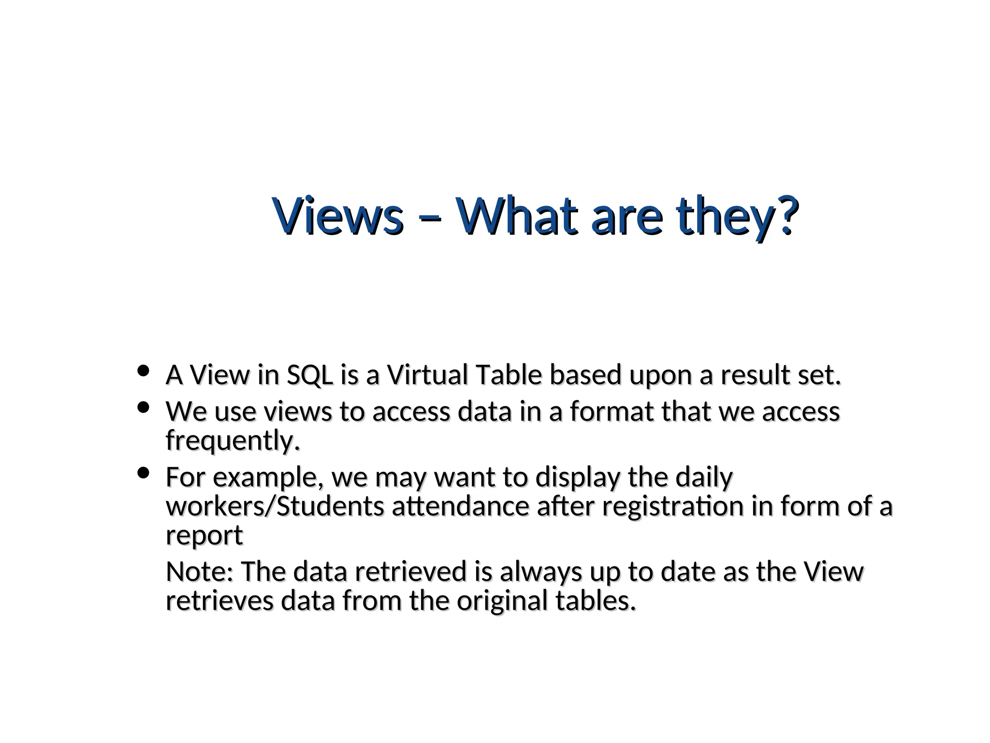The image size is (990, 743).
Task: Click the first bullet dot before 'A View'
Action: [143, 371]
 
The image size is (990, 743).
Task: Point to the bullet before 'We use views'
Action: [143, 408]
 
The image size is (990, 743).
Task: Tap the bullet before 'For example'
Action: [143, 473]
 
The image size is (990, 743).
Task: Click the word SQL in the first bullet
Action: [310, 375]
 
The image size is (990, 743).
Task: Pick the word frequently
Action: [232, 441]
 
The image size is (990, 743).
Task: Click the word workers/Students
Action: [275, 506]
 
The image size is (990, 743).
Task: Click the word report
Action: [204, 536]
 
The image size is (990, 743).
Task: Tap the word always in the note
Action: [540, 572]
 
